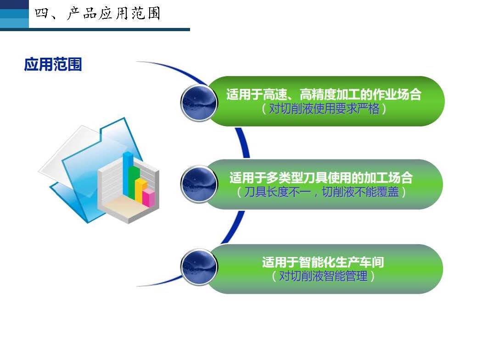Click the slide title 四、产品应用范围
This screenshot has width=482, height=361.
tap(97, 13)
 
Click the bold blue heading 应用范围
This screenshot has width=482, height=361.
tap(53, 65)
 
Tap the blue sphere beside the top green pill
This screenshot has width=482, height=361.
tap(199, 103)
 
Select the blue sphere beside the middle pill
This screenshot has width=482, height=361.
tap(199, 184)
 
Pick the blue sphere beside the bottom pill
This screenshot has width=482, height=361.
tap(199, 267)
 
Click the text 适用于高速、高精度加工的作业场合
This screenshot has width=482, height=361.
tap(324, 94)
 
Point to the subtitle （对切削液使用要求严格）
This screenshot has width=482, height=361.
tap(324, 109)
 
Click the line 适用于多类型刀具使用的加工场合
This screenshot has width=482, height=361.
tap(321, 178)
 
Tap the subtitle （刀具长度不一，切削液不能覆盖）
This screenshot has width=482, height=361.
tap(321, 192)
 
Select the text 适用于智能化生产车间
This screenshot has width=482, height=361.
tap(323, 262)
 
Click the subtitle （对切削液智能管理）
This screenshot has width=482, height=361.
tap(323, 276)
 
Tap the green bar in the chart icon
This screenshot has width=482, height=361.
tap(134, 183)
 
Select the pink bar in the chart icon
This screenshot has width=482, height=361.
tap(148, 197)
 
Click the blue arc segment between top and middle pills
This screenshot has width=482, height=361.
tap(243, 143)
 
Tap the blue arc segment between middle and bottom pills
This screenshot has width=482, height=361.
tap(234, 227)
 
